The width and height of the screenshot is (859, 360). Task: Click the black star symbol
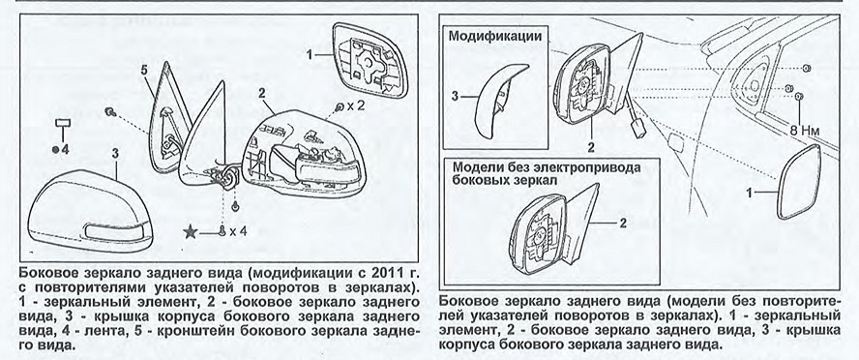(x=192, y=232)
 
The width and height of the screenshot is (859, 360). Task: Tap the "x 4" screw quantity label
(x=238, y=231)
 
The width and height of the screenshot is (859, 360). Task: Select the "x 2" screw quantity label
(x=356, y=105)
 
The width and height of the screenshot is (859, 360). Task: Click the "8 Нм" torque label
(x=804, y=131)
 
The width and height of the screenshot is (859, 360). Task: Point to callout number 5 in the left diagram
(x=144, y=71)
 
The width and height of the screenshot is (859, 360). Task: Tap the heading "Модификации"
(x=495, y=38)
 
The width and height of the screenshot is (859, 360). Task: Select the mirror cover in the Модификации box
(x=499, y=102)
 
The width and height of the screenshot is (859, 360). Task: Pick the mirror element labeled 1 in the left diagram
(x=372, y=59)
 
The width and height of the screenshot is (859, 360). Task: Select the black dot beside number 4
(x=55, y=149)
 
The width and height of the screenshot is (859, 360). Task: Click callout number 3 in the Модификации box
(x=454, y=97)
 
